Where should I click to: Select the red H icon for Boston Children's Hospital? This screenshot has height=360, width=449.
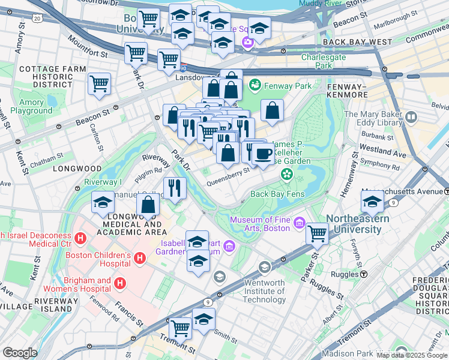coord(139,258)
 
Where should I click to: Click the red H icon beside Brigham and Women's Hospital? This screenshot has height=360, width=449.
coord(120,282)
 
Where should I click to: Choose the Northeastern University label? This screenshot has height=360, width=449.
coord(357,224)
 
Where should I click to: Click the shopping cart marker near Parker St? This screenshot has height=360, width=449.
coord(317,233)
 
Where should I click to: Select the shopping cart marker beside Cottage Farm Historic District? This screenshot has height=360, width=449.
coord(100,83)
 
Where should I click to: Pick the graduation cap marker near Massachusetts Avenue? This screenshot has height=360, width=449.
coord(372,202)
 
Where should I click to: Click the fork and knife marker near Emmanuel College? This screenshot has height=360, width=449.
coord(174,188)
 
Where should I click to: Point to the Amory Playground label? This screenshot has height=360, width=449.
coord(31,106)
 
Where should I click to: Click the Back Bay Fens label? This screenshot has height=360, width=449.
coord(278,194)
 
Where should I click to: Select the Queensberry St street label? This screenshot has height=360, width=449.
coord(228,172)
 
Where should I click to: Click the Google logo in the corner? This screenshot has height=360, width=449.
coord(20,353)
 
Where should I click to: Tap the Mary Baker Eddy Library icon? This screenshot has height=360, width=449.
coord(411,117)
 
